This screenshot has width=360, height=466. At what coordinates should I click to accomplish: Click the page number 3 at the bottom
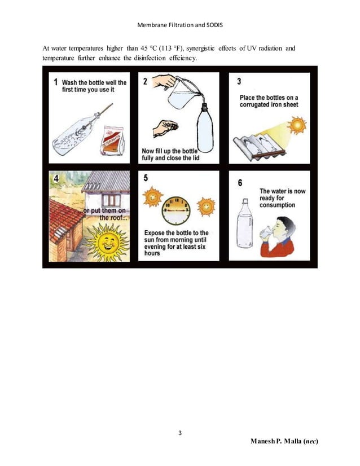coord(179,433)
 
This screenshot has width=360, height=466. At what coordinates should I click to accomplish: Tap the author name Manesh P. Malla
coord(284,441)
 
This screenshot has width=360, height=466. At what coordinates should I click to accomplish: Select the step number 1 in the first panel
coord(55,82)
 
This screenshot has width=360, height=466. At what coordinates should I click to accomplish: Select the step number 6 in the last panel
coord(240,183)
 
